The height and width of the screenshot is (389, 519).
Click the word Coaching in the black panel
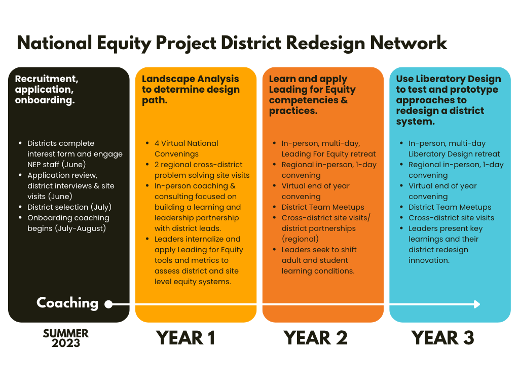click(67, 303)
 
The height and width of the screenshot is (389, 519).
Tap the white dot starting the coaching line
click(108, 304)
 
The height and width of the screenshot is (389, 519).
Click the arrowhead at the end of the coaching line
click(476, 304)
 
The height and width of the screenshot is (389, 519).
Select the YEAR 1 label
click(186, 338)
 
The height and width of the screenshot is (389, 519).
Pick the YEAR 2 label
click(315, 338)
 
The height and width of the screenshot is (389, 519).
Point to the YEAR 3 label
click(442, 338)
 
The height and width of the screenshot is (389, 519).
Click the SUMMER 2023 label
click(66, 338)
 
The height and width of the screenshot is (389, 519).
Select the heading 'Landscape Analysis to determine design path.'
click(191, 90)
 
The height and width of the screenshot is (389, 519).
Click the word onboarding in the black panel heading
click(45, 100)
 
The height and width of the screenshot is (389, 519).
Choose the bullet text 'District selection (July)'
click(69, 207)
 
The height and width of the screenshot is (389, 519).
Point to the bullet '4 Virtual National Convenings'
click(186, 148)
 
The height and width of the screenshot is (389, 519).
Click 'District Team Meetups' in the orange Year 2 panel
click(323, 207)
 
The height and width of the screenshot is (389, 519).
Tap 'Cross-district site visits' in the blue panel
click(451, 218)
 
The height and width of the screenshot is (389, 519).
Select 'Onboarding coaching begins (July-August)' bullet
click(68, 223)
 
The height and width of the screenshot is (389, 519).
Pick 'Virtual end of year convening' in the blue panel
click(442, 191)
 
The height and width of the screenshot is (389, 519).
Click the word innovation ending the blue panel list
click(428, 260)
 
